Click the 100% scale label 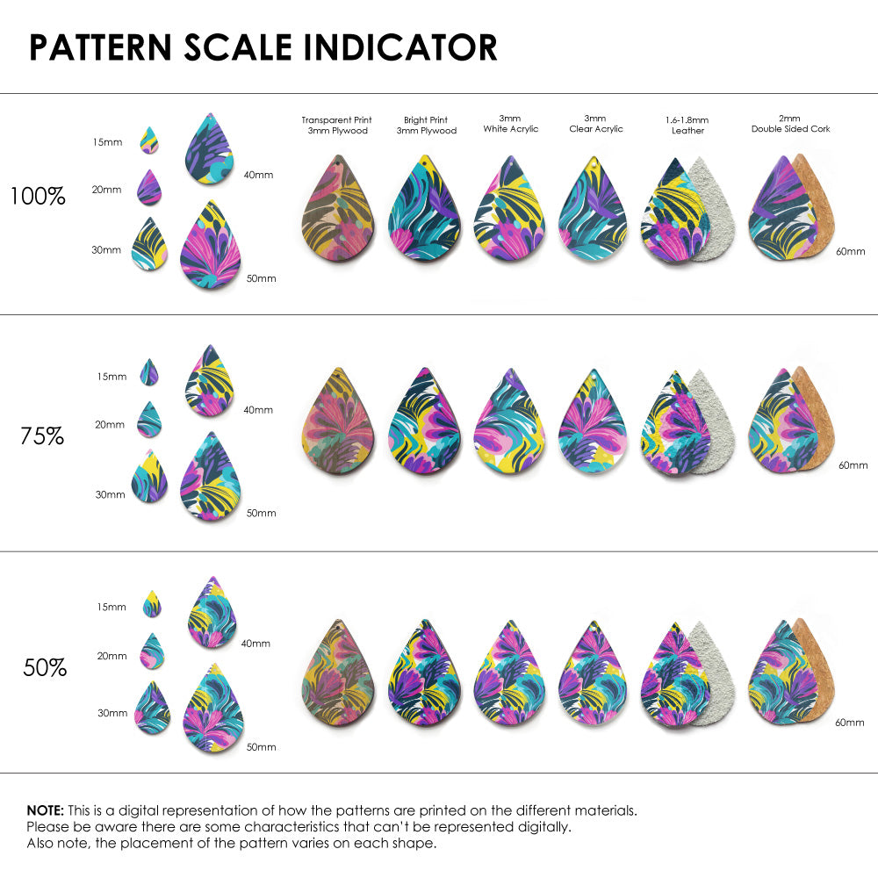[38, 196]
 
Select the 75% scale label [42, 435]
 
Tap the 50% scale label [45, 668]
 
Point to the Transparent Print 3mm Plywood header [336, 125]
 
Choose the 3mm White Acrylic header [510, 123]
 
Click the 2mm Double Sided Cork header [790, 123]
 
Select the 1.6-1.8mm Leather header [687, 125]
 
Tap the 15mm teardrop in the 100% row [149, 140]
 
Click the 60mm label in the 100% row [850, 251]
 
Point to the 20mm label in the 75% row [110, 424]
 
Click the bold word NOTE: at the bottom [45, 810]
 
